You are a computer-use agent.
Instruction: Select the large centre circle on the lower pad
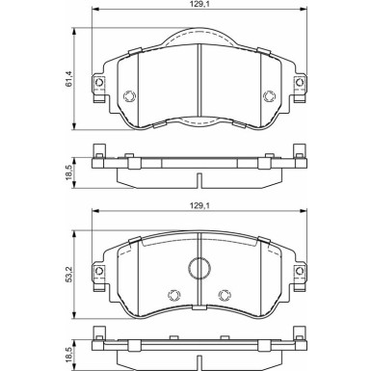point(199,271)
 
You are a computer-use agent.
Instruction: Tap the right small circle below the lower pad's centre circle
point(224,295)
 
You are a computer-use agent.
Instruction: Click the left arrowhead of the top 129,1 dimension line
point(94,15)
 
